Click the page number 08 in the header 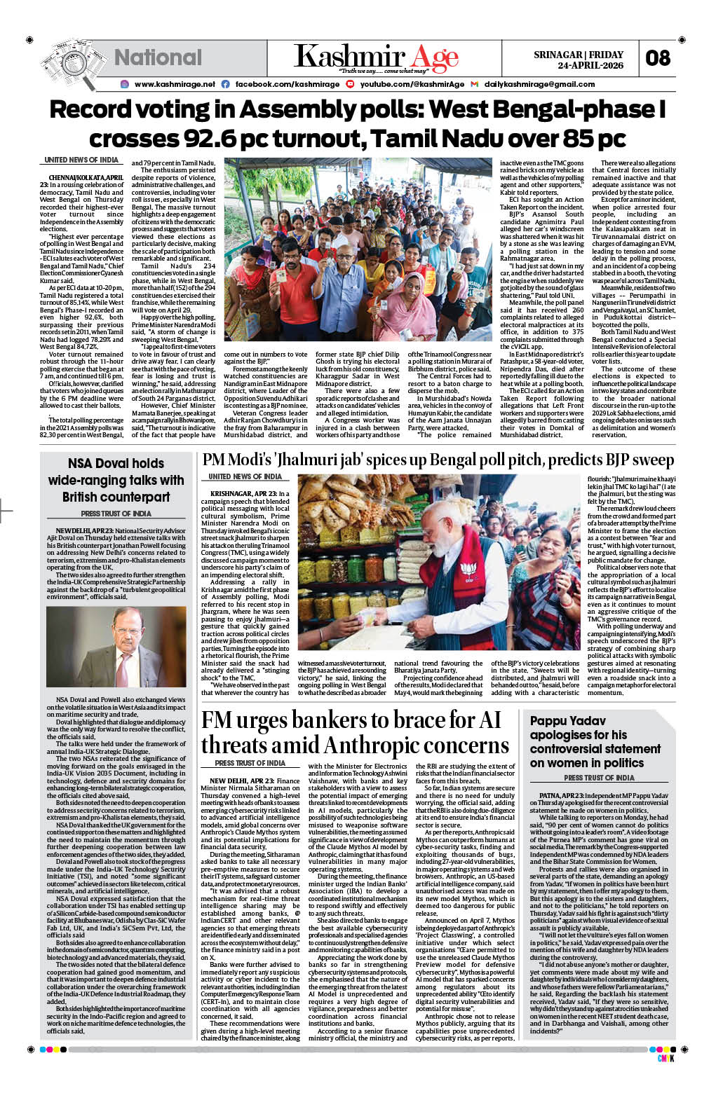tap(658, 58)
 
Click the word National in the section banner tap(158, 57)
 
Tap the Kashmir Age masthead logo tap(376, 57)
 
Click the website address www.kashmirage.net tap(175, 84)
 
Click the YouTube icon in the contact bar tap(350, 84)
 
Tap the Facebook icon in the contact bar tap(225, 84)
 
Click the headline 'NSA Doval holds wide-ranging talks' tap(116, 480)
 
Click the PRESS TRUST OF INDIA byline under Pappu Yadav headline tap(599, 778)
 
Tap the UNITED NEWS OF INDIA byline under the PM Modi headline tap(245, 476)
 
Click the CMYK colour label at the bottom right tap(665, 1059)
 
